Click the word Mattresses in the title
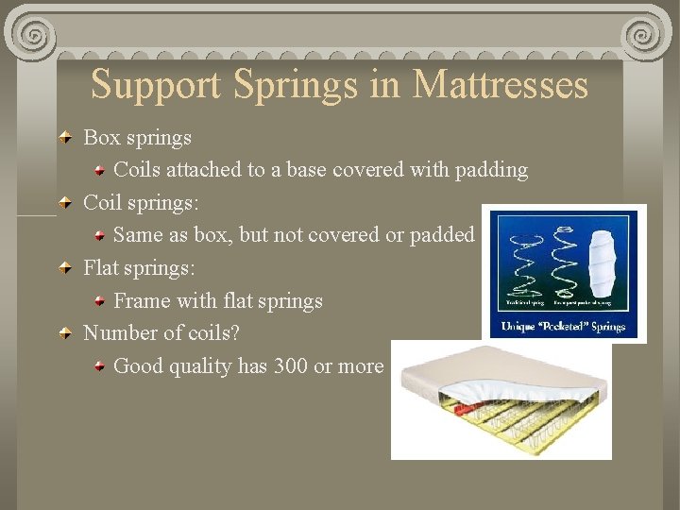point(501,85)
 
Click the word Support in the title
point(157,86)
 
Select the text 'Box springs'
point(138,138)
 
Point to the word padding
point(491,171)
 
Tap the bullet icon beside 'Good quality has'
point(99,366)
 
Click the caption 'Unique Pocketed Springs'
point(563,328)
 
